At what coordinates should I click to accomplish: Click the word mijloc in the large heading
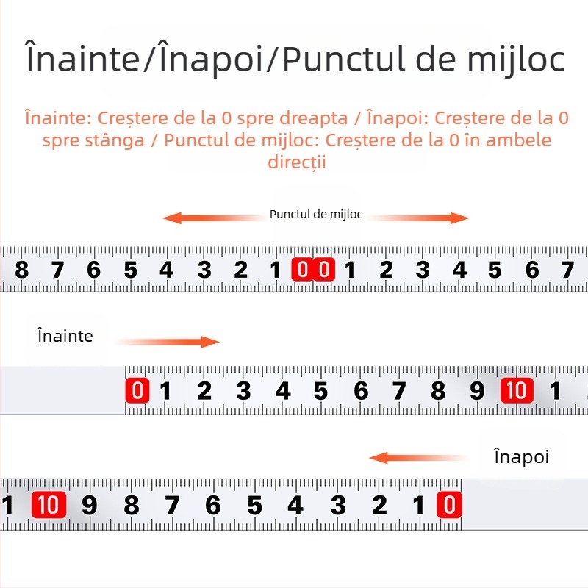(516, 60)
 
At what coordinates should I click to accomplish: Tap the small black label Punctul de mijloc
(316, 215)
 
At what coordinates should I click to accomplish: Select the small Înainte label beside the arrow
(65, 335)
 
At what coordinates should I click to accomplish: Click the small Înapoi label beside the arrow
(522, 456)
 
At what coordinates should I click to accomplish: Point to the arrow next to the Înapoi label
(418, 458)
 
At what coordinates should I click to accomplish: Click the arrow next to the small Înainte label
(168, 342)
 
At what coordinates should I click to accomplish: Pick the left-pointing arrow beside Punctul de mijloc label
(214, 218)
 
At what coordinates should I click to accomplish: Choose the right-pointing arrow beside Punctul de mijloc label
(418, 218)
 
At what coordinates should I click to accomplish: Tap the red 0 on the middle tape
(137, 390)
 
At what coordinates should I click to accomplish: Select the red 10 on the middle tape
(517, 390)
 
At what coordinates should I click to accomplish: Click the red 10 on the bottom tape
(49, 505)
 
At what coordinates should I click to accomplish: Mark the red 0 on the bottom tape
(449, 505)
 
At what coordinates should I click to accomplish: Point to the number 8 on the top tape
(22, 270)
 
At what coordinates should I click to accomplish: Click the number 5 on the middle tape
(321, 391)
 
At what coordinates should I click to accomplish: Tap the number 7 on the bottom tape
(172, 505)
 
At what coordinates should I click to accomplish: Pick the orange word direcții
(297, 162)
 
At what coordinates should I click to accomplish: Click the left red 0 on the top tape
(302, 269)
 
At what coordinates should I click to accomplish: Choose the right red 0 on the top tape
(324, 269)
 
